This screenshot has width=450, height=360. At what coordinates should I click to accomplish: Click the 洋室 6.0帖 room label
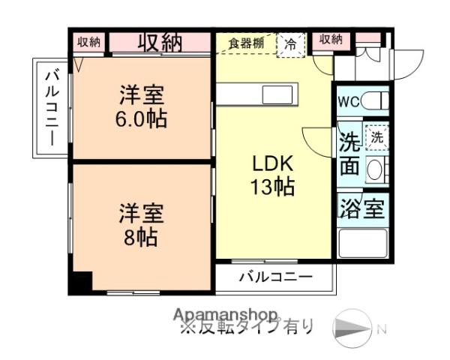coord(142,107)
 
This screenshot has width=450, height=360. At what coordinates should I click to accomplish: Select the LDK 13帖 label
coord(271,175)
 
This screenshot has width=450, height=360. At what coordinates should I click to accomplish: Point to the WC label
coord(348,101)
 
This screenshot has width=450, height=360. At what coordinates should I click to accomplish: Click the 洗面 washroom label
coord(349,154)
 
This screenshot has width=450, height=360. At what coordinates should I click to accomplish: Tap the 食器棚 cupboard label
coord(247,43)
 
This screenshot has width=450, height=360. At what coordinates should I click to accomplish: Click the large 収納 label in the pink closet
coord(160,42)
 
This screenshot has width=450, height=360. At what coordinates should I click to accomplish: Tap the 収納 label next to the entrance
coord(330,40)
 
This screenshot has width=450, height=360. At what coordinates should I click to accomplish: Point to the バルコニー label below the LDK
coord(275,277)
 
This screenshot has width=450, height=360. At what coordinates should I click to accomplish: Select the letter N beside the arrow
coord(381,328)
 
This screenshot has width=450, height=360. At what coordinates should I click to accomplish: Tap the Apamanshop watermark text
coord(225,314)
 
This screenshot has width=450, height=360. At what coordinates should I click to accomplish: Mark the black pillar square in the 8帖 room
coord(80,283)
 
